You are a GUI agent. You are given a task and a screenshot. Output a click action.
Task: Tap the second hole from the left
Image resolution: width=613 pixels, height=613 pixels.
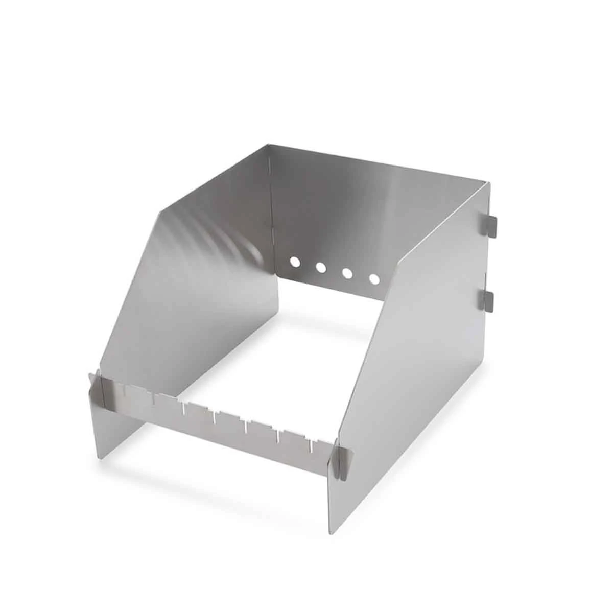pos(321,267)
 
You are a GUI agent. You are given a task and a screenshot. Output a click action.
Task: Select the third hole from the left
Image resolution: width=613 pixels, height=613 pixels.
pos(348,273)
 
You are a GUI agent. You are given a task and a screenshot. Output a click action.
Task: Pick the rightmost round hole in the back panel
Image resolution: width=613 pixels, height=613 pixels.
pos(374,279)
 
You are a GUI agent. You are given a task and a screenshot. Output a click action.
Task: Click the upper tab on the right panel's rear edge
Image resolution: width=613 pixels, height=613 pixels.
pos(489,225)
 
